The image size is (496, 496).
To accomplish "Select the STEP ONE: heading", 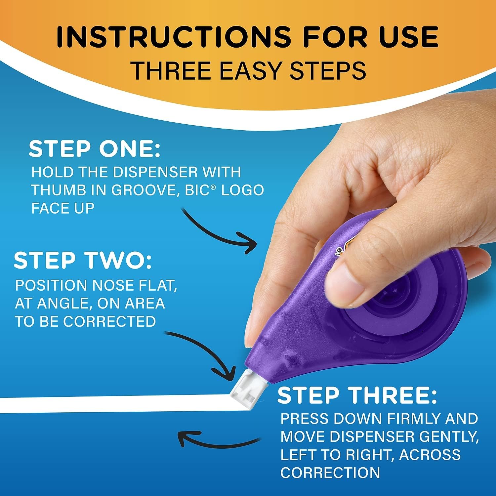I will (94, 149).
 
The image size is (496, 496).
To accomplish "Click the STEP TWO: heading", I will (83, 260).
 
